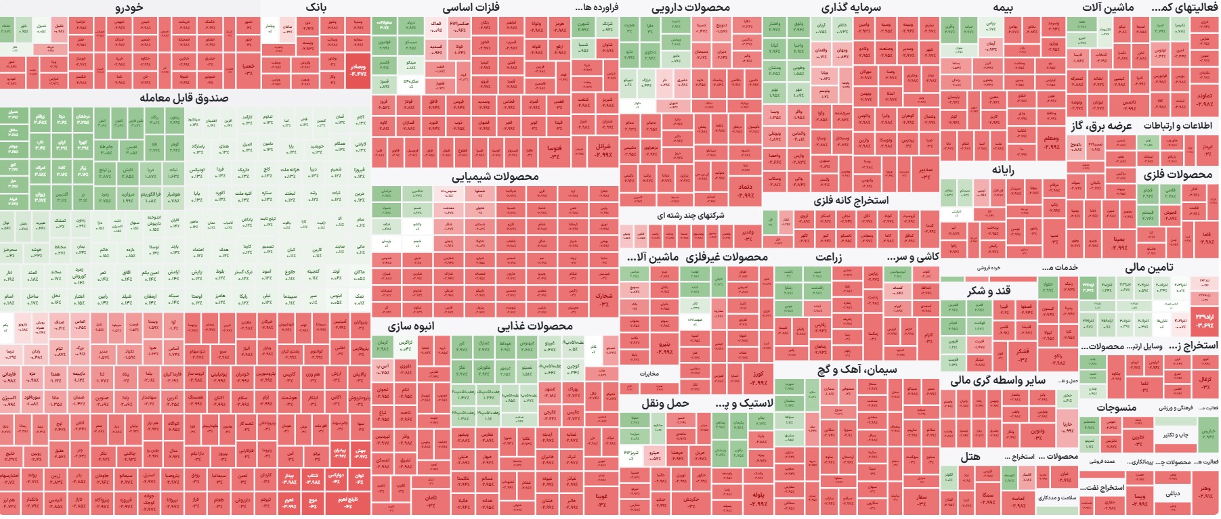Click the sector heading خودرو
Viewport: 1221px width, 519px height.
pyautogui.click(x=129, y=8)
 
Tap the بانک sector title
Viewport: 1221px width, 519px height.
pyautogui.click(x=316, y=8)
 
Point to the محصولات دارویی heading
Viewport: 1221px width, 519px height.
pyautogui.click(x=691, y=8)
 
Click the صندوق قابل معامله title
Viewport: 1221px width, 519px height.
pyautogui.click(x=184, y=98)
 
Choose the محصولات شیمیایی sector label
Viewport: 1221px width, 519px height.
pyautogui.click(x=495, y=177)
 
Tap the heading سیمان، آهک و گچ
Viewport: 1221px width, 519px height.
pyautogui.click(x=857, y=369)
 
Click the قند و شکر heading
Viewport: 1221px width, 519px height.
pyautogui.click(x=989, y=290)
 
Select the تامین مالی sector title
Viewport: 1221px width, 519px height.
pyautogui.click(x=1149, y=267)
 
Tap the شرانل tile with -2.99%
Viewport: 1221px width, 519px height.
pyautogui.click(x=603, y=150)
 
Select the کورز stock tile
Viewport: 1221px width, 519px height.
pyautogui.click(x=757, y=378)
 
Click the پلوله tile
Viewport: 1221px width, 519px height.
pyautogui.click(x=758, y=499)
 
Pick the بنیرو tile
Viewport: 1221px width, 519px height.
pyautogui.click(x=664, y=348)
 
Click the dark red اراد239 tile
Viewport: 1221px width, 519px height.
pyautogui.click(x=1203, y=321)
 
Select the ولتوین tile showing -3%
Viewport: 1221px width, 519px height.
pyautogui.click(x=1037, y=433)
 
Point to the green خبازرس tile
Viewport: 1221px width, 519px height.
pyautogui.click(x=1207, y=433)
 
